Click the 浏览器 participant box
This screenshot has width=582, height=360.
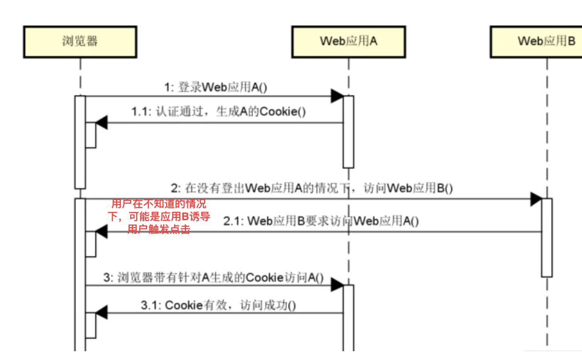coord(80,42)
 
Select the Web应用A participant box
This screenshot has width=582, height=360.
coord(348,42)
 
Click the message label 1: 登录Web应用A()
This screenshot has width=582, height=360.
coord(216,87)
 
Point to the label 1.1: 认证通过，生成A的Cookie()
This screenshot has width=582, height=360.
coord(218,112)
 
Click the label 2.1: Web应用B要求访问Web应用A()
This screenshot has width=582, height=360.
coord(321,221)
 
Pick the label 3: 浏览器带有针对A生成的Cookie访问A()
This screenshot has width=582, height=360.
coord(213,277)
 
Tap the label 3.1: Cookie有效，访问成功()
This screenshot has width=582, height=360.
coord(218,305)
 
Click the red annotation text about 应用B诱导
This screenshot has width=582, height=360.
coord(159,217)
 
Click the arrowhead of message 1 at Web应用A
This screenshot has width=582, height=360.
coord(337,96)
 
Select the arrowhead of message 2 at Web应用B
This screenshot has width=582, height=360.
coord(536,199)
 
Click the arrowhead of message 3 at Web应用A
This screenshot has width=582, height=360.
coord(337,285)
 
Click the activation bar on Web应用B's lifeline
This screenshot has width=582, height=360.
coord(547,237)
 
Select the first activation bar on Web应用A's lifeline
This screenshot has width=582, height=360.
coord(348,131)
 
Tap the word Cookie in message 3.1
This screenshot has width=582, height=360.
coord(183,305)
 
